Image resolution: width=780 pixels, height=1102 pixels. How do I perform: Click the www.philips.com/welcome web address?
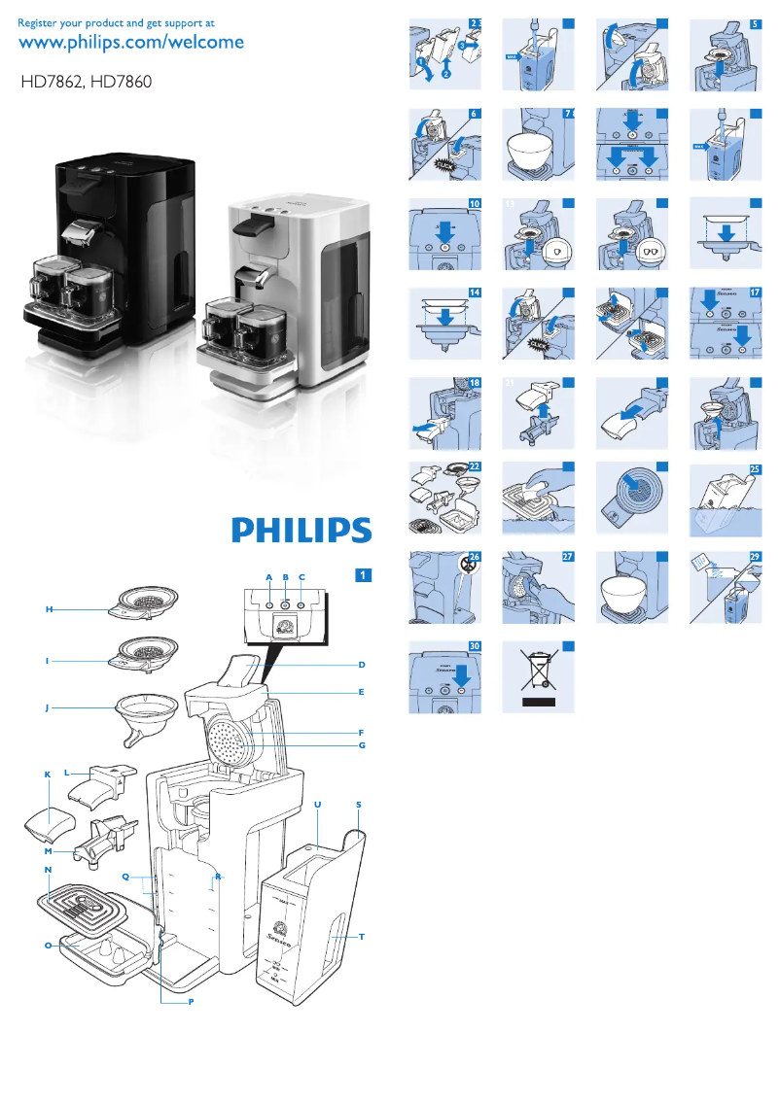(131, 43)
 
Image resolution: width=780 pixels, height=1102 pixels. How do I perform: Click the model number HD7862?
(53, 84)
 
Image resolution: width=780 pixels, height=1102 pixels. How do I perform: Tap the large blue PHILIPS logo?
(301, 531)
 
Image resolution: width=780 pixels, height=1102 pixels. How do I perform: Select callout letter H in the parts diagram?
(48, 609)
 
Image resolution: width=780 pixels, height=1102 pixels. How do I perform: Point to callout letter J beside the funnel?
(47, 708)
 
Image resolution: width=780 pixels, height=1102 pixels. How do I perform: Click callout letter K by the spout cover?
(47, 775)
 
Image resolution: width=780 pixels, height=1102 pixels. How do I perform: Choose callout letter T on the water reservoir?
(361, 937)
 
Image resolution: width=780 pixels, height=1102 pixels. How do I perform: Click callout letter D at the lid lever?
(361, 665)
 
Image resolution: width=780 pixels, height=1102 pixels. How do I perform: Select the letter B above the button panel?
(285, 577)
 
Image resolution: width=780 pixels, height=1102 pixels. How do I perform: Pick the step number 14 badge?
(475, 293)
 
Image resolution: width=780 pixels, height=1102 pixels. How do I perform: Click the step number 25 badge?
(755, 470)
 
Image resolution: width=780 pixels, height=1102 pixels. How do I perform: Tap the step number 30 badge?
(475, 646)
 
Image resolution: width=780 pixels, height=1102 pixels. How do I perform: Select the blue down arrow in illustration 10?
(444, 234)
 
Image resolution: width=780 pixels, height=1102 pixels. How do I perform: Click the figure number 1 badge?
(362, 575)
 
